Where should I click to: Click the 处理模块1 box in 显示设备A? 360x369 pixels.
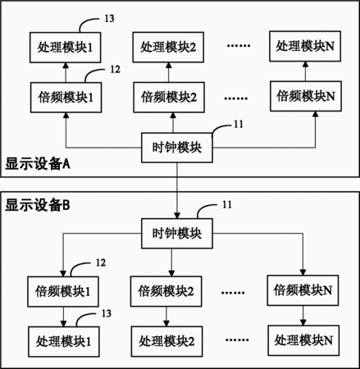pyautogui.click(x=66, y=48)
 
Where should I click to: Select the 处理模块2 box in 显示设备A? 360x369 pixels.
pyautogui.click(x=168, y=47)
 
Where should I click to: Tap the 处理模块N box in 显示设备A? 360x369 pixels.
pyautogui.click(x=305, y=46)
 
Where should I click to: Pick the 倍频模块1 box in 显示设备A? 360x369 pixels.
pyautogui.click(x=66, y=98)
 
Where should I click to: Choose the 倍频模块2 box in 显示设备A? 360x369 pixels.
pyautogui.click(x=169, y=97)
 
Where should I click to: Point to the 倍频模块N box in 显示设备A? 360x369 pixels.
pyautogui.click(x=306, y=96)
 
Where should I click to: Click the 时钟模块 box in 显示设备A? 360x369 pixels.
pyautogui.click(x=177, y=148)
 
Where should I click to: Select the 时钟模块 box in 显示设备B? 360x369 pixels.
pyautogui.click(x=177, y=234)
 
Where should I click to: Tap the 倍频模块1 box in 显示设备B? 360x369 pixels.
pyautogui.click(x=63, y=292)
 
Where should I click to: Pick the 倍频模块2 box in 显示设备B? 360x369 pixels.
pyautogui.click(x=166, y=291)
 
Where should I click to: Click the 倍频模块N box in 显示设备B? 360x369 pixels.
pyautogui.click(x=303, y=290)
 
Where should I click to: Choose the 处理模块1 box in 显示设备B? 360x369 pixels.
pyautogui.click(x=64, y=342)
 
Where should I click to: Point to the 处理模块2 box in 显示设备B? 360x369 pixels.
pyautogui.click(x=166, y=341)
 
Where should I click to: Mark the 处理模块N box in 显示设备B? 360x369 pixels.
pyautogui.click(x=303, y=340)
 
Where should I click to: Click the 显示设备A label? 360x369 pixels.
pyautogui.click(x=38, y=164)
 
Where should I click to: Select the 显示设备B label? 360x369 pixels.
pyautogui.click(x=38, y=205)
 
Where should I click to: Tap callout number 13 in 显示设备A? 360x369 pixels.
pyautogui.click(x=109, y=19)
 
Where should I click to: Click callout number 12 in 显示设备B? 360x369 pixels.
pyautogui.click(x=101, y=262)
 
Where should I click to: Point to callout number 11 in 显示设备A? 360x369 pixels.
pyautogui.click(x=239, y=125)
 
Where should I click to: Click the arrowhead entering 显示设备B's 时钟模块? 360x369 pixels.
pyautogui.click(x=177, y=216)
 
